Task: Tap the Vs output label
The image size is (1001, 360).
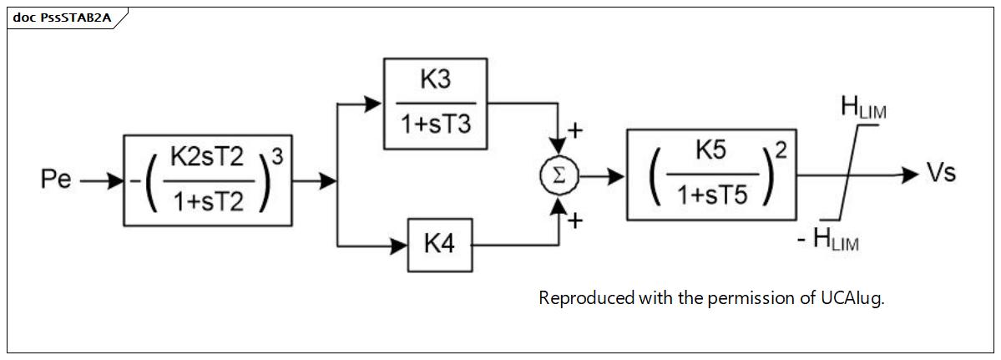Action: tap(941, 174)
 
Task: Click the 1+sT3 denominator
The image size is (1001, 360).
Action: tap(436, 122)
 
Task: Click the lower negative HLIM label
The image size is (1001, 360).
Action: tap(828, 242)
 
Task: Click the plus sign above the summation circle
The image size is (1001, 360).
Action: tap(575, 130)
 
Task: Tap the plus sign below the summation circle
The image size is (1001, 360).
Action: tap(575, 221)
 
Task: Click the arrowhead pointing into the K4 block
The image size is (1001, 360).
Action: tap(399, 246)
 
